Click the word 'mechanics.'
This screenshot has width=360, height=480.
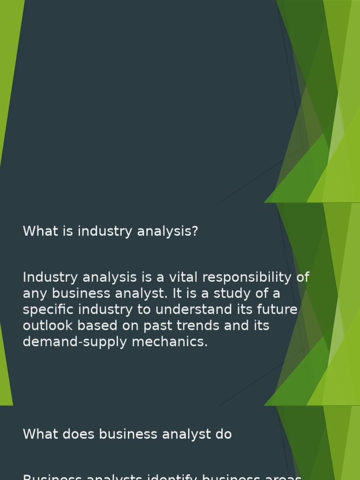tap(170, 342)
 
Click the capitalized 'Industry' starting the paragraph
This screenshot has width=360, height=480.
tap(51, 277)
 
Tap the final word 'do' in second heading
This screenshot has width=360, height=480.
tap(224, 435)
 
